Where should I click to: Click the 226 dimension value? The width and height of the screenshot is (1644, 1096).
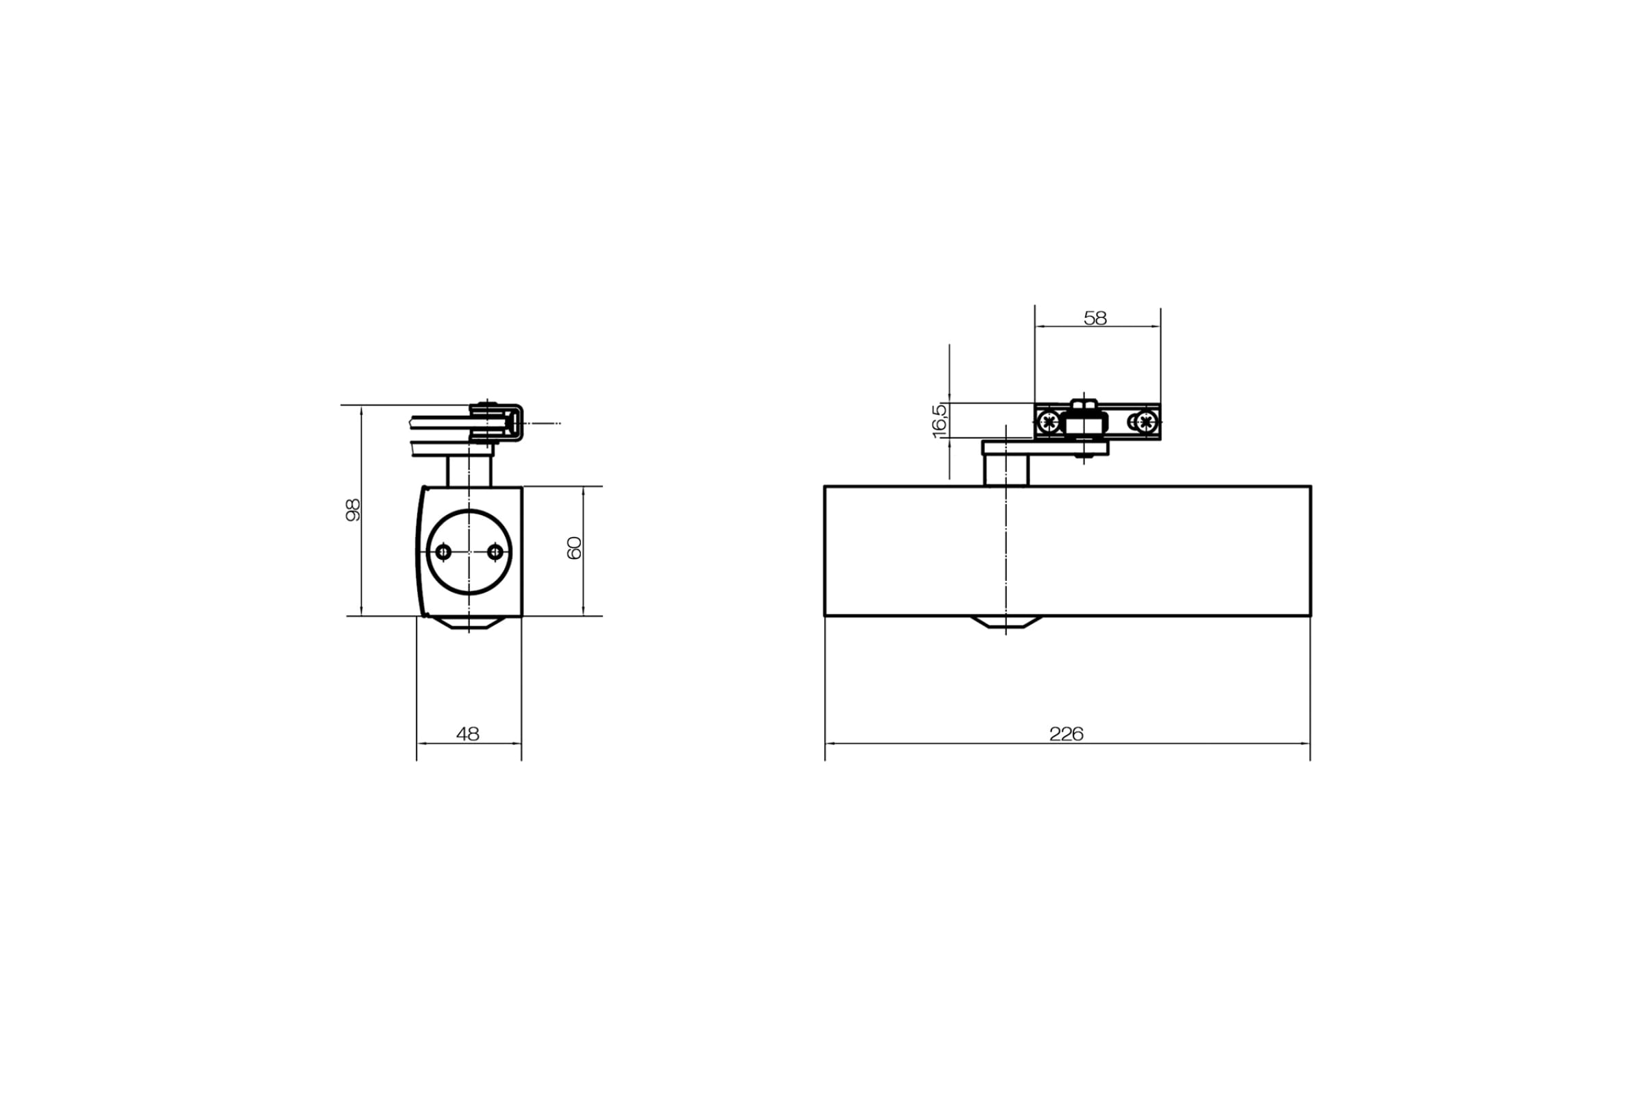click(x=1066, y=734)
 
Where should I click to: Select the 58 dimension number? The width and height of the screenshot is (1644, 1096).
click(x=1095, y=318)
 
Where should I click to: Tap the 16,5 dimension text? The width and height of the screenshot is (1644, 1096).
click(x=939, y=421)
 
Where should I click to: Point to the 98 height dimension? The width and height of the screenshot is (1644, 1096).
click(x=353, y=510)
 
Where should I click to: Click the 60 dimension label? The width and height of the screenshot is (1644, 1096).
click(x=574, y=548)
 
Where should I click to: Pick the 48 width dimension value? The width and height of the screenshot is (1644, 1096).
click(x=468, y=734)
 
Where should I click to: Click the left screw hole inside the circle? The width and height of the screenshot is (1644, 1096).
click(x=443, y=552)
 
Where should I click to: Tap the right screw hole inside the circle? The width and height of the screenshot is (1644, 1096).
click(x=495, y=552)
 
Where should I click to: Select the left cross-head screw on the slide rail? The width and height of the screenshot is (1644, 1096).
click(x=1049, y=421)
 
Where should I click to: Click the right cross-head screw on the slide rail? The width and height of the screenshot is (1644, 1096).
click(x=1145, y=421)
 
